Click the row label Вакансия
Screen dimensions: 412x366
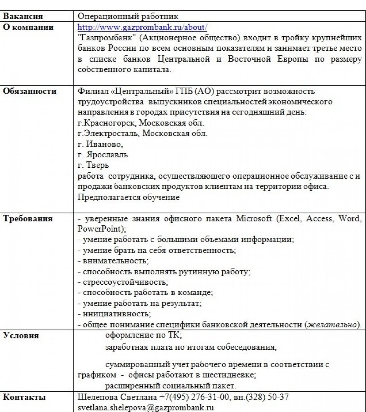(x=23, y=16)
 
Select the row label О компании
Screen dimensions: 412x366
(x=28, y=27)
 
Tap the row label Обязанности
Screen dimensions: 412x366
(x=30, y=91)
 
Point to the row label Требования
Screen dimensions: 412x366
(x=28, y=218)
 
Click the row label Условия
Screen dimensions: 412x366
(x=21, y=335)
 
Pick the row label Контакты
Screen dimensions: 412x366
(x=24, y=397)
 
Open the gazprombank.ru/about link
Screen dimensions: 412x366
(x=142, y=27)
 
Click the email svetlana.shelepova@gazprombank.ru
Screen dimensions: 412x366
(x=145, y=407)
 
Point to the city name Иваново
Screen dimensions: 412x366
(x=104, y=144)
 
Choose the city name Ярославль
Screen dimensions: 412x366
(x=107, y=155)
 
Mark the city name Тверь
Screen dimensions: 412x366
(x=97, y=165)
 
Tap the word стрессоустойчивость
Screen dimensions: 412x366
(x=124, y=282)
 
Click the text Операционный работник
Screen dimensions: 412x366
(x=128, y=16)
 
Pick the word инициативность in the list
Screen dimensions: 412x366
(x=116, y=314)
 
